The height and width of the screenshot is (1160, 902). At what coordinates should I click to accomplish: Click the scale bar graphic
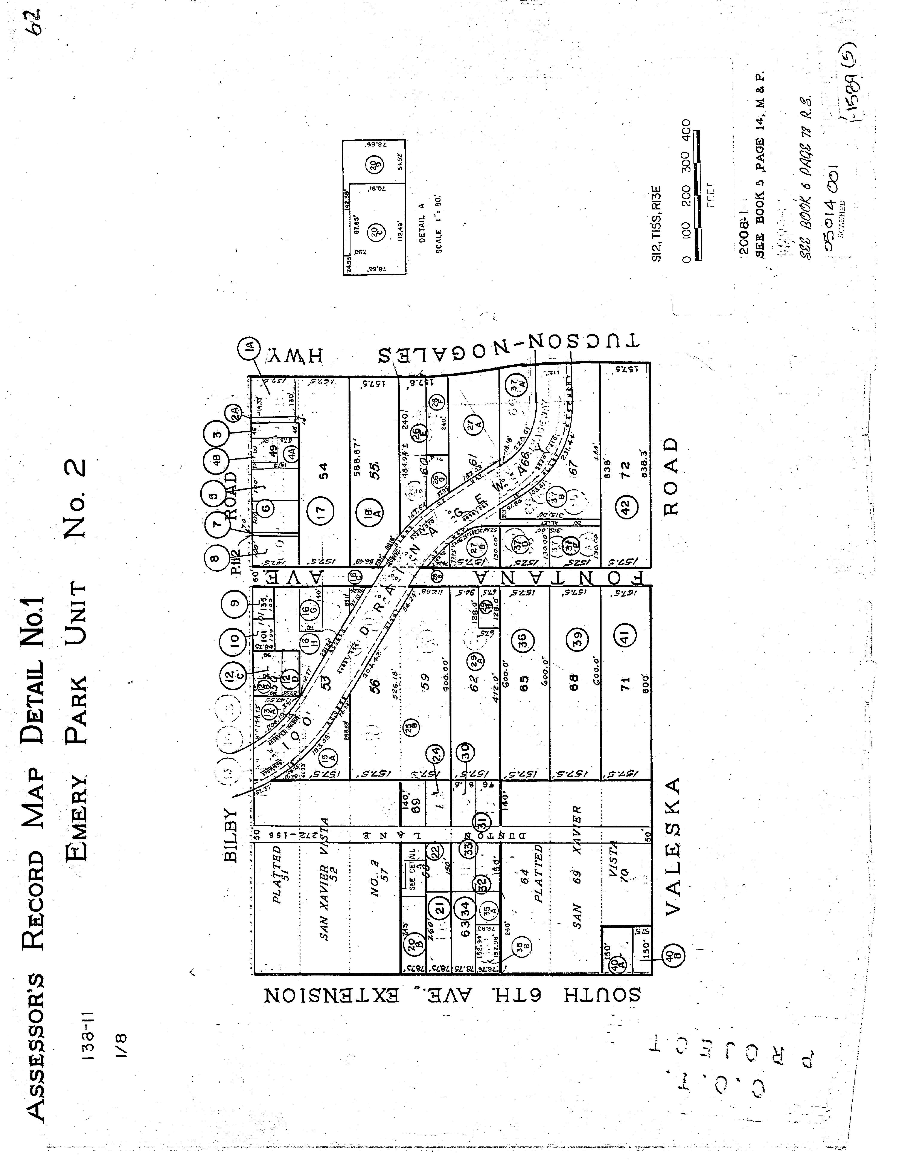point(698,195)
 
